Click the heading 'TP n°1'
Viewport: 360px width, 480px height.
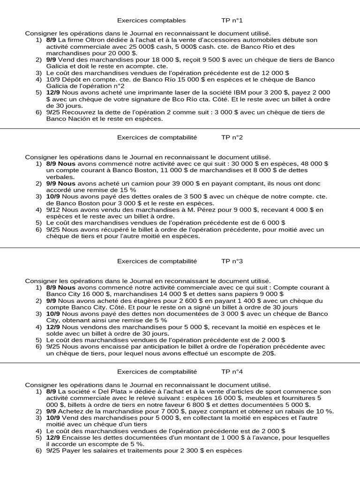pyautogui.click(x=232, y=21)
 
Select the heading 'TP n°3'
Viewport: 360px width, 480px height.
pyautogui.click(x=232, y=261)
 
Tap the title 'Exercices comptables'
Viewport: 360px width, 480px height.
pyautogui.click(x=151, y=21)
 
